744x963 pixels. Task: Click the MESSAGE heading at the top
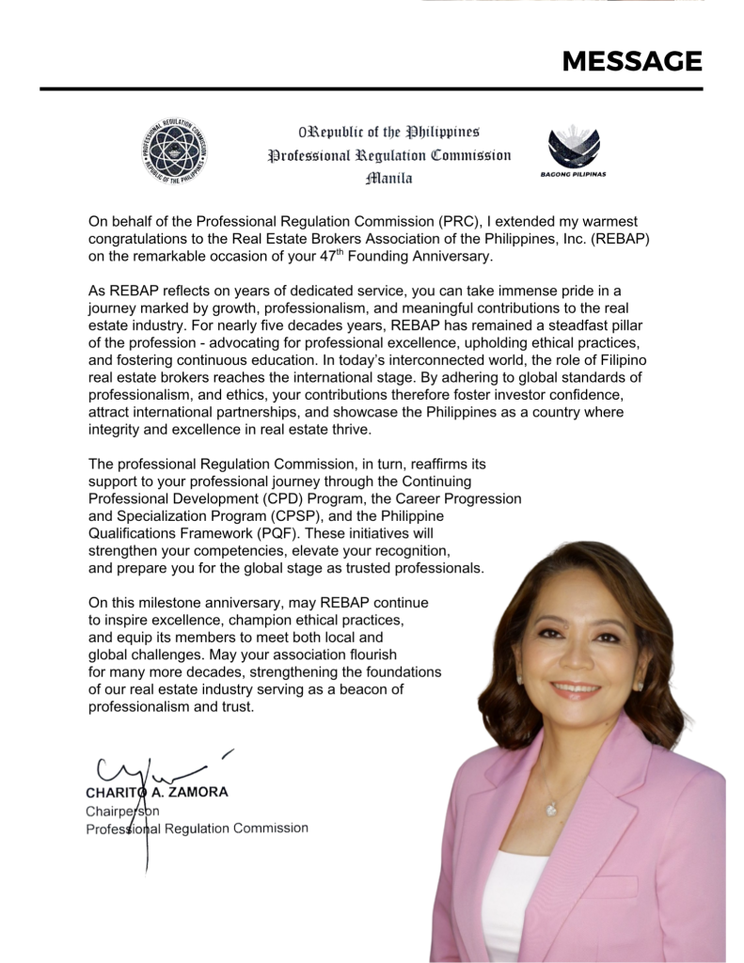631,62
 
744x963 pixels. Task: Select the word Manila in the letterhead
389,177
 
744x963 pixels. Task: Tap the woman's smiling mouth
575,689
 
